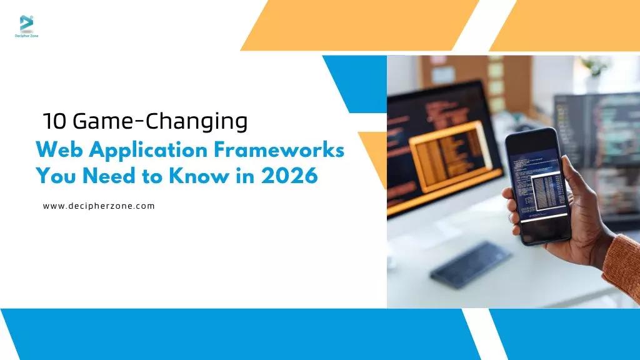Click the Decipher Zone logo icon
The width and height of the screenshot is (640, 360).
(x=26, y=24)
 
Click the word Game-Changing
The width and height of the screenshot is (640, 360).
(x=160, y=122)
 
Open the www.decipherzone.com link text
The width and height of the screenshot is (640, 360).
(x=99, y=206)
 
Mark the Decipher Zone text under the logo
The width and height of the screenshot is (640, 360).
(x=26, y=36)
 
